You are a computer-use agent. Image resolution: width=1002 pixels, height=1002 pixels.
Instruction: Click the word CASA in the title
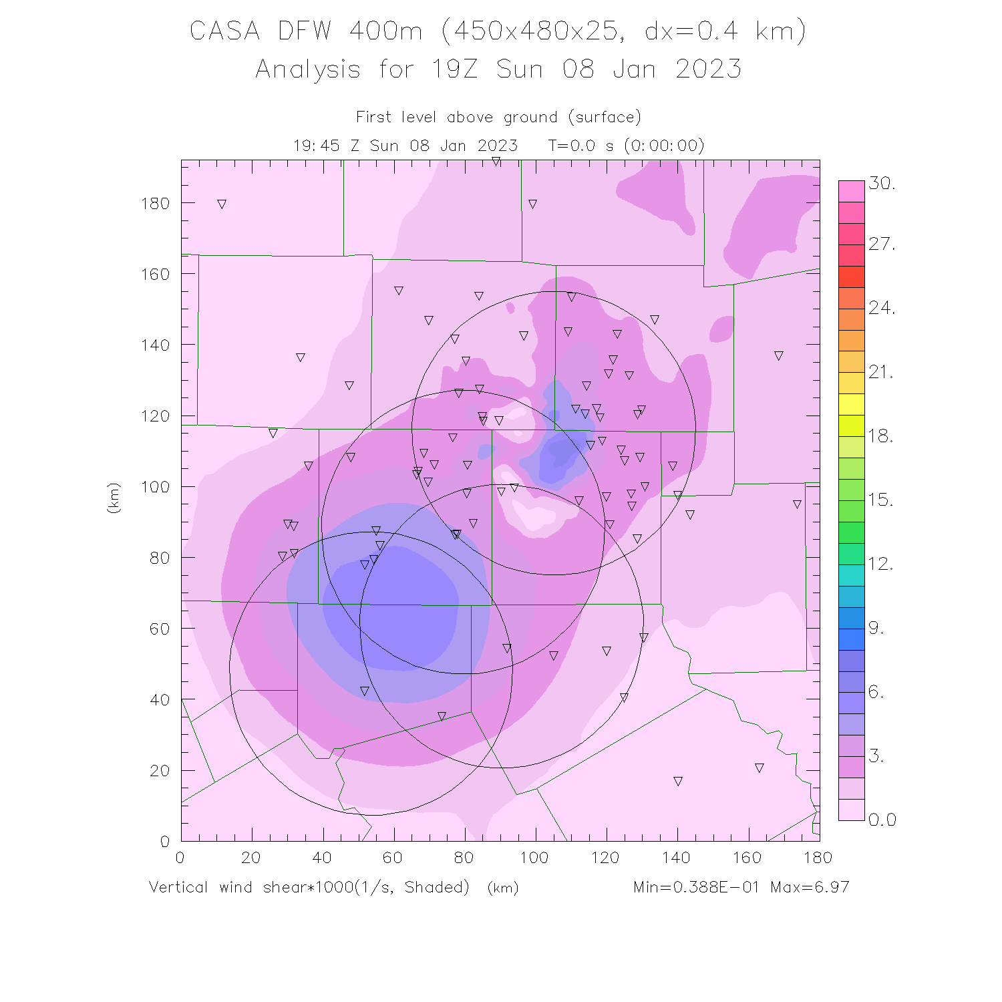224,31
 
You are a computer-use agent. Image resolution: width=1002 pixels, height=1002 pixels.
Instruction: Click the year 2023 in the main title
708,69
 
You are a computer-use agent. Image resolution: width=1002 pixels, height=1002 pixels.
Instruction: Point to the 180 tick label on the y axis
155,204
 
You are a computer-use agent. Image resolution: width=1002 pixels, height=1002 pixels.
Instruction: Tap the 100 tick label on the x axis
534,858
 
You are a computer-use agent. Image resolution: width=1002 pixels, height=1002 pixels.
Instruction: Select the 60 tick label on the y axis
160,629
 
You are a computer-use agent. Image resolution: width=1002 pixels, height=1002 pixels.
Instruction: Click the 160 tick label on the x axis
747,858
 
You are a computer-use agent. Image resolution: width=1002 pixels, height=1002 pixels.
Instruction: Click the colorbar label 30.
882,184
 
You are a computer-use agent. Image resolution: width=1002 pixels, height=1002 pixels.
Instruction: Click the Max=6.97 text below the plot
810,887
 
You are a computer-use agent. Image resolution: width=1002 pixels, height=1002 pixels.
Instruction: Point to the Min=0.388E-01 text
696,887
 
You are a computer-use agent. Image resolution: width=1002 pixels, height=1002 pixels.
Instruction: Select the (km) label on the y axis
114,498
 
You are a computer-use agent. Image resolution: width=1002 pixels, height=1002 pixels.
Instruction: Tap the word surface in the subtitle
605,118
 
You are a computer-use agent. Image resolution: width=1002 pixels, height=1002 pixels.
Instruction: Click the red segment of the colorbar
852,277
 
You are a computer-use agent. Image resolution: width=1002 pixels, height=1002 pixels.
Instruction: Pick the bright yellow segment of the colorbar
852,405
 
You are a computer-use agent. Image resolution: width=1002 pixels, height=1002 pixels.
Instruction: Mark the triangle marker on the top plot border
496,162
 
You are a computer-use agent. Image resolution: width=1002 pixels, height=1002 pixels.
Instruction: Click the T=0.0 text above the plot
572,146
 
